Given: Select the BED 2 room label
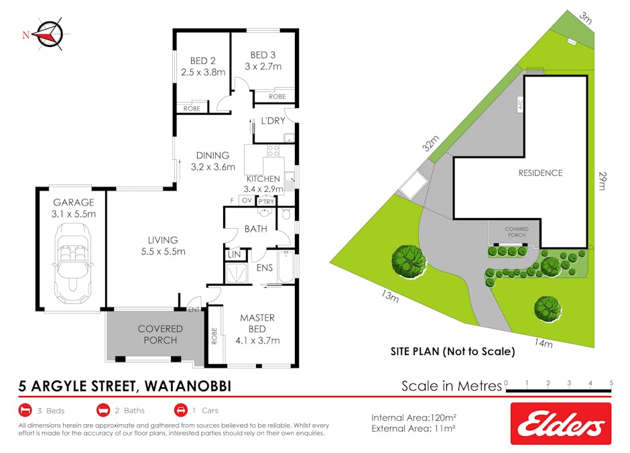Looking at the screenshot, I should pos(202,66).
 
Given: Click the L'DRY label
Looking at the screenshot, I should pos(273,121).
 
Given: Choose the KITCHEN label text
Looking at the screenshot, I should pos(263,179).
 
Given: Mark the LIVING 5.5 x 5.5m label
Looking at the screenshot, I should pos(163,246).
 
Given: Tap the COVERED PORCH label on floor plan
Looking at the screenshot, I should pos(160,334).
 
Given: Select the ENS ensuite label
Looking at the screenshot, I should pos(265,267).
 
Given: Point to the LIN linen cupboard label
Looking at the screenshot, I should pos(234,254).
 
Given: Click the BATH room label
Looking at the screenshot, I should pos(255,229).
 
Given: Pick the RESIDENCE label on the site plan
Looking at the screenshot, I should pos(540,173).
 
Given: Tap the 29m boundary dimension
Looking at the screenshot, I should pos(603,181).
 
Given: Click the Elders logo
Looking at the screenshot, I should pos(560,423).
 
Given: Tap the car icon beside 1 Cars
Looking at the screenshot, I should pos(180,410).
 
